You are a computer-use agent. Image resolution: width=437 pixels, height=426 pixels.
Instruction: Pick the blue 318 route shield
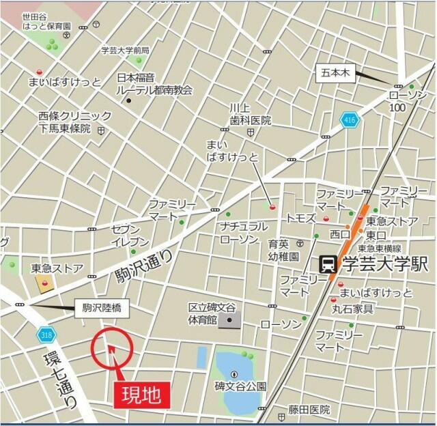tap(45, 335)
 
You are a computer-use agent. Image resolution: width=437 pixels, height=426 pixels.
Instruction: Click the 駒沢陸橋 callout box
tap(97, 309)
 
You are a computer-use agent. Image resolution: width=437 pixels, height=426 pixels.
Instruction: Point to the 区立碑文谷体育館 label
tap(212, 313)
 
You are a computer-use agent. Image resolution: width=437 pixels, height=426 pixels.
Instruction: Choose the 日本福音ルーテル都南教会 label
tap(154, 84)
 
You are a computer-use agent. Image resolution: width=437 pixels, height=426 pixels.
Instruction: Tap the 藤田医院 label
tap(309, 410)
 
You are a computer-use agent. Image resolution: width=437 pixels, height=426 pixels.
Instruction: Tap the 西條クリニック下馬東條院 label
tap(65, 122)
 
